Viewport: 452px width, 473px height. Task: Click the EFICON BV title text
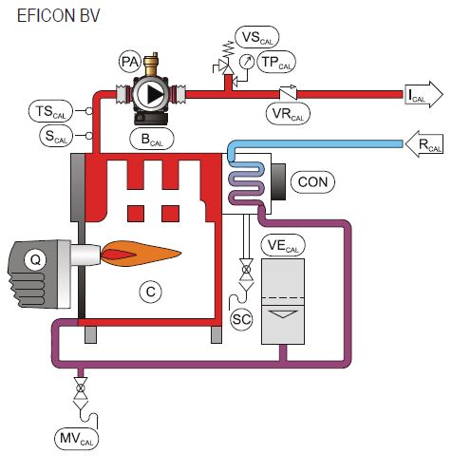[x=57, y=17]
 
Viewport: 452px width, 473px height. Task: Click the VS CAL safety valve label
[x=257, y=38]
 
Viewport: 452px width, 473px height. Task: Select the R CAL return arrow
[x=424, y=146]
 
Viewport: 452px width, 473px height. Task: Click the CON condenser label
[x=314, y=180]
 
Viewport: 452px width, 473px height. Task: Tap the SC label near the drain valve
[x=242, y=319]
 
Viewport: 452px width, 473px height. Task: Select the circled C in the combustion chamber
[x=149, y=293]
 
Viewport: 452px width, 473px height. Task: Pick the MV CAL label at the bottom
[x=75, y=439]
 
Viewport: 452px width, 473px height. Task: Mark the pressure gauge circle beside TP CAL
[x=247, y=62]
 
